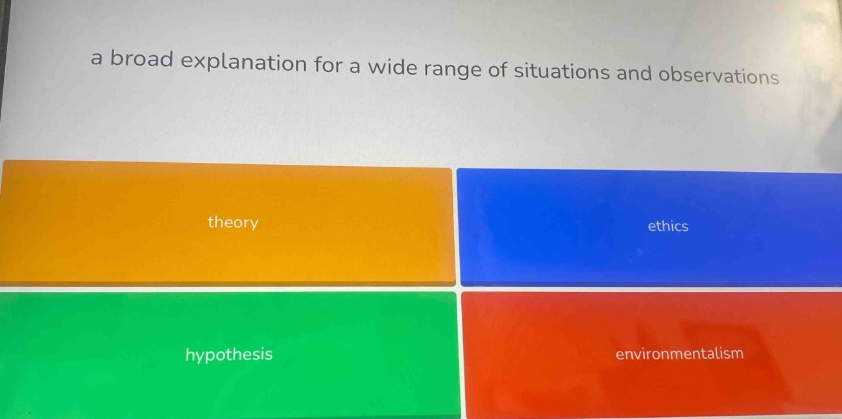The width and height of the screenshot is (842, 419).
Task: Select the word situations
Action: tap(562, 71)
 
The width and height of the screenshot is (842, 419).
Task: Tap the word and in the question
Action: tap(633, 73)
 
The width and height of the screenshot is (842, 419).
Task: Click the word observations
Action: tap(718, 77)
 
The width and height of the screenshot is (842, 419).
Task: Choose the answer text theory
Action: tap(233, 223)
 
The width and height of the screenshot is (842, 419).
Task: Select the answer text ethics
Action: tap(668, 226)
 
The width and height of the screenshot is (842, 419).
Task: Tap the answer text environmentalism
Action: tap(679, 354)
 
